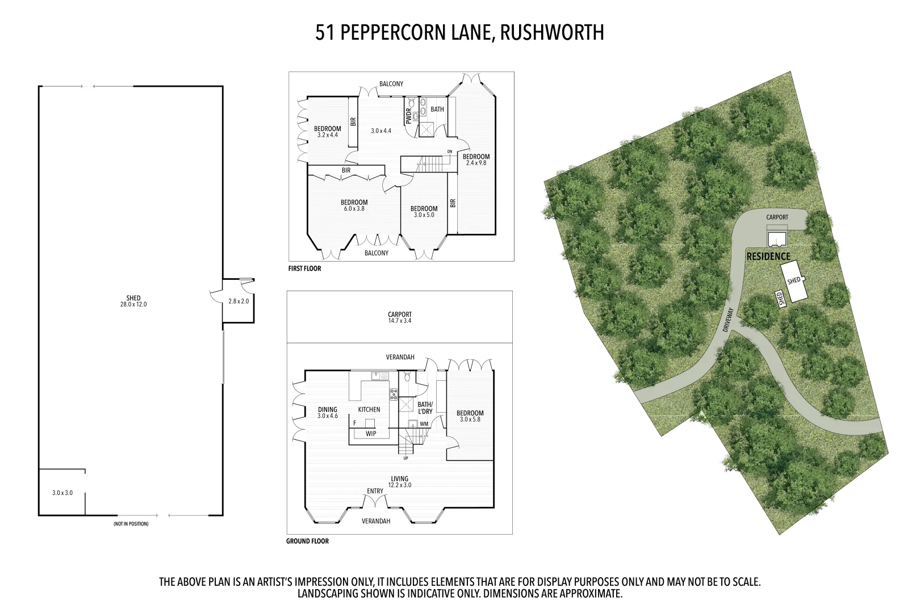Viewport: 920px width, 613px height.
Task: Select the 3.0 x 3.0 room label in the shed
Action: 62,493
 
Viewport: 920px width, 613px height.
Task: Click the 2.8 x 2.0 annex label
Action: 239,301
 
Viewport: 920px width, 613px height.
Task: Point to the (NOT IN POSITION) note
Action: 131,524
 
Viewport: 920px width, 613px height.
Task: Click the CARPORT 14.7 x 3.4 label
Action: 400,318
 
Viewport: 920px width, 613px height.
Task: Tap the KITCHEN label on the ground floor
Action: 369,410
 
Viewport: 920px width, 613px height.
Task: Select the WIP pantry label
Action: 371,434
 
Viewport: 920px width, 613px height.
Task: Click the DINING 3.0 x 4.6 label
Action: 328,413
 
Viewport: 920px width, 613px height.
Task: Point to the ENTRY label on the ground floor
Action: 375,492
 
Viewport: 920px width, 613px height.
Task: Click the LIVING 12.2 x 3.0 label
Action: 400,482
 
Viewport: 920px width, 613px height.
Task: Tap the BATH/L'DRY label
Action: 425,408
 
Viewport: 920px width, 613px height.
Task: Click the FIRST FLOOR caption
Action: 304,269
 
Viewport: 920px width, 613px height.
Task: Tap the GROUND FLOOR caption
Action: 307,541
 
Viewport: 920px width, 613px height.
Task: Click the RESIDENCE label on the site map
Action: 768,257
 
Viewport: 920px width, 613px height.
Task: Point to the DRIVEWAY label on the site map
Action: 729,320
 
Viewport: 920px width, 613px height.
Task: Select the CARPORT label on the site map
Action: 777,217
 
